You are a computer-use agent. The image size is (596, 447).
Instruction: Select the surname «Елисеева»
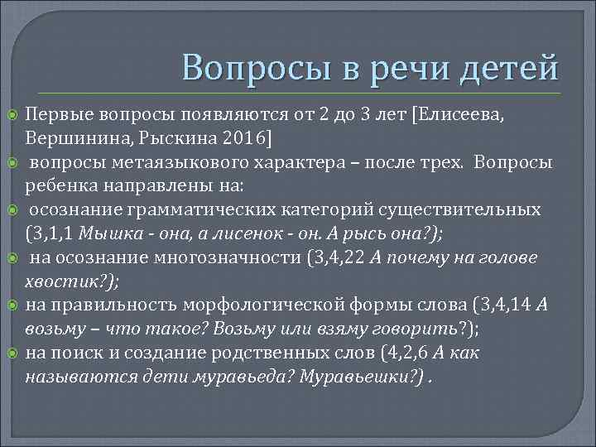point(466,113)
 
